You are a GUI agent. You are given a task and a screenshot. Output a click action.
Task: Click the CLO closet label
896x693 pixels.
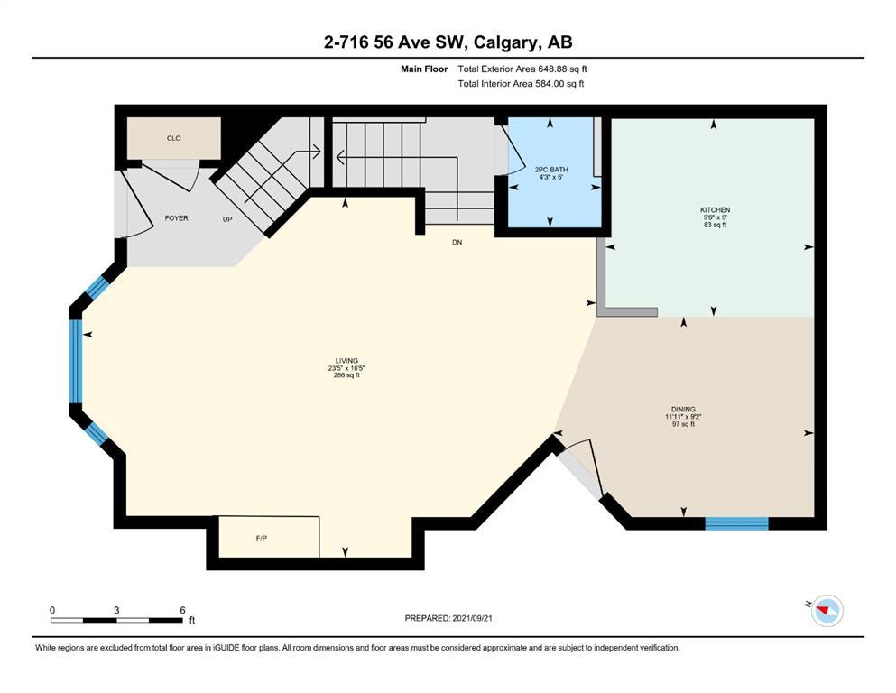[174, 138]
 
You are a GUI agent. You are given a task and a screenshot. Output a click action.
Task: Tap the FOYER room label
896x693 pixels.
[176, 218]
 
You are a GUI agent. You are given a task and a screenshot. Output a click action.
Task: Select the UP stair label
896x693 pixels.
[227, 219]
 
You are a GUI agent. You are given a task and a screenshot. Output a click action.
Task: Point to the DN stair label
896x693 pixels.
[457, 242]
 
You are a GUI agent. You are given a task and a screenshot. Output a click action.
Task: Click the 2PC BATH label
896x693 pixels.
[551, 170]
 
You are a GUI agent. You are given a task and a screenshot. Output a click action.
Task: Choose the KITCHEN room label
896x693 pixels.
[715, 210]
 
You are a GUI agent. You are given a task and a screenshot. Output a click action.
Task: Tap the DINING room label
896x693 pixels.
[683, 409]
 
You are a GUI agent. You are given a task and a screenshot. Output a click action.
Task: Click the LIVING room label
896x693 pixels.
[346, 361]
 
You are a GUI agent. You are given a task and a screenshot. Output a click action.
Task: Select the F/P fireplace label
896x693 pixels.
[261, 538]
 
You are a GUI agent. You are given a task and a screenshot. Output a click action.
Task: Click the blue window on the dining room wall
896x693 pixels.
[736, 523]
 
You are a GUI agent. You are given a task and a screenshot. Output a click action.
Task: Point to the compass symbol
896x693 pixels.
[827, 610]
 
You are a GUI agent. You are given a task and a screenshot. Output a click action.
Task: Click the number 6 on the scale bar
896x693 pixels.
[183, 610]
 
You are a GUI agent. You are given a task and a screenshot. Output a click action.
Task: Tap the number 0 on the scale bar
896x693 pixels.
[52, 610]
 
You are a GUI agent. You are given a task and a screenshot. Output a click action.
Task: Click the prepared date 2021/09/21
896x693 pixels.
[472, 618]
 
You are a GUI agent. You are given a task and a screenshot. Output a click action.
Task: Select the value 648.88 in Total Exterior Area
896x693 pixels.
[551, 69]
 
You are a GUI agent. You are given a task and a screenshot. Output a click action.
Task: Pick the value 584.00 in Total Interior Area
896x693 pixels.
[550, 83]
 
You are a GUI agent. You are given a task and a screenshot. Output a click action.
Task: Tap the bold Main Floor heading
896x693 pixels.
[424, 69]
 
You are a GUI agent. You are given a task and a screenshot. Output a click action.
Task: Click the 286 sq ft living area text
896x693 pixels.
[346, 375]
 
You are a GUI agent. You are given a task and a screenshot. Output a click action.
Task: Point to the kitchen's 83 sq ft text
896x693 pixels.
[715, 225]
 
